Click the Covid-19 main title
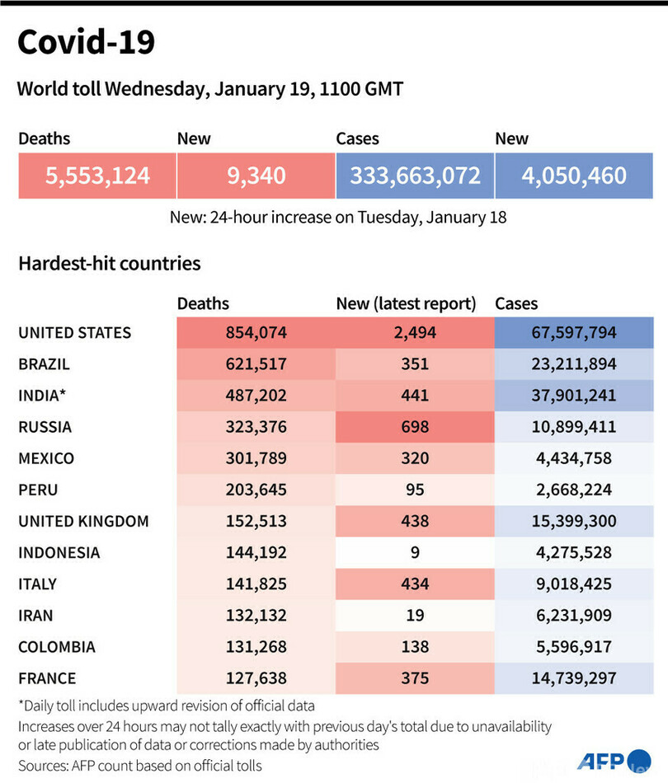pyautogui.click(x=86, y=43)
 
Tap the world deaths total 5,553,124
pyautogui.click(x=96, y=176)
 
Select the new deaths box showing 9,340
pyautogui.click(x=256, y=176)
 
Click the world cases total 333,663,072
pyautogui.click(x=415, y=176)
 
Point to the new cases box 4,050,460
pyautogui.click(x=574, y=176)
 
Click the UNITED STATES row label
pyautogui.click(x=74, y=333)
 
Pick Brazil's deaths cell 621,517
pyautogui.click(x=256, y=364)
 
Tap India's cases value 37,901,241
pyautogui.click(x=574, y=396)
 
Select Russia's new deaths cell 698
pyautogui.click(x=415, y=427)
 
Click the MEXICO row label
pyautogui.click(x=46, y=458)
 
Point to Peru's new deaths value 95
pyautogui.click(x=415, y=490)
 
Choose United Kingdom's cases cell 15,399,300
pyautogui.click(x=574, y=521)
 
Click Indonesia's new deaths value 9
pyautogui.click(x=415, y=552)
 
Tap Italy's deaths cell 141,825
pyautogui.click(x=256, y=584)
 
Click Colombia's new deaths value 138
pyautogui.click(x=415, y=646)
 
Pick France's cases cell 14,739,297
pyautogui.click(x=574, y=678)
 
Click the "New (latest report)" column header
pyautogui.click(x=407, y=304)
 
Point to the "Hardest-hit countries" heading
pyautogui.click(x=109, y=264)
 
